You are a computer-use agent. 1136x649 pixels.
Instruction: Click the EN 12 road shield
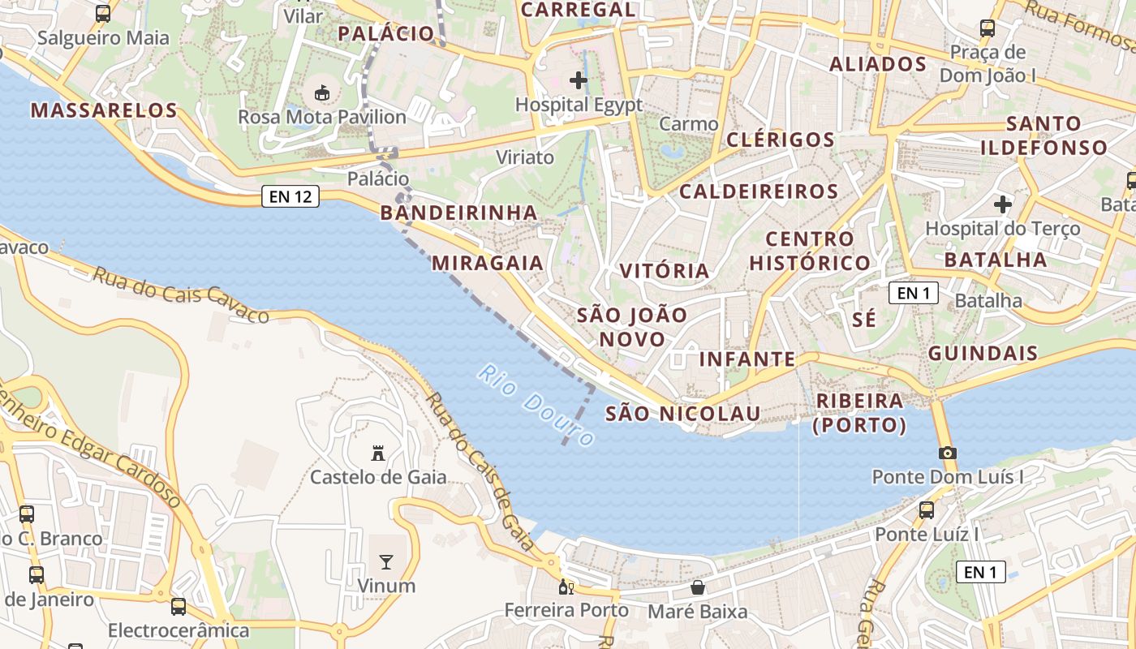290,196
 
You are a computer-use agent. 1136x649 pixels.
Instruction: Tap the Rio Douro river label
536,405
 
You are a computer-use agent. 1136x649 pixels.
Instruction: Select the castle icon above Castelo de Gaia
377,453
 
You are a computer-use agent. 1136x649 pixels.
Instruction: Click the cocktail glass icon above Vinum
386,561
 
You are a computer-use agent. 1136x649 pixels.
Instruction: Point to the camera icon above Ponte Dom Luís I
947,453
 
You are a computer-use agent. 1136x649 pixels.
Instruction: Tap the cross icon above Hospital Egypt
579,80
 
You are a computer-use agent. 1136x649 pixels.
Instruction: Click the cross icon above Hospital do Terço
1003,204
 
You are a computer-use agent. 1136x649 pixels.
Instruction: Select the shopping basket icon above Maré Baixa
698,587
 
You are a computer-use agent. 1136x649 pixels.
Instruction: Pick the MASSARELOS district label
104,110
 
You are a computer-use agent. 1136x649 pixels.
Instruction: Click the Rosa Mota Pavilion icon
322,92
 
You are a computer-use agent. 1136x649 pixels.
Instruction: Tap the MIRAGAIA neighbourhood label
488,263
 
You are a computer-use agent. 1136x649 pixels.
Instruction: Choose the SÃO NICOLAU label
683,414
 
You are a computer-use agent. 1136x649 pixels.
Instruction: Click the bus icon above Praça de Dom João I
988,28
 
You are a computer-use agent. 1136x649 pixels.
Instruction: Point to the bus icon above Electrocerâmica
179,606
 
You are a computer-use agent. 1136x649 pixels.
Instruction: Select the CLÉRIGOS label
780,140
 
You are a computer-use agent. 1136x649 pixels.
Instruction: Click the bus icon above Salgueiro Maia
103,14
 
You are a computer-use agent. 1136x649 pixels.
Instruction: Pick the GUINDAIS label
983,353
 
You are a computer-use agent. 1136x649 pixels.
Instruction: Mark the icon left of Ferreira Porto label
566,587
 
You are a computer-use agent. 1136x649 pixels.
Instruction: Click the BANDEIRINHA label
458,213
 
